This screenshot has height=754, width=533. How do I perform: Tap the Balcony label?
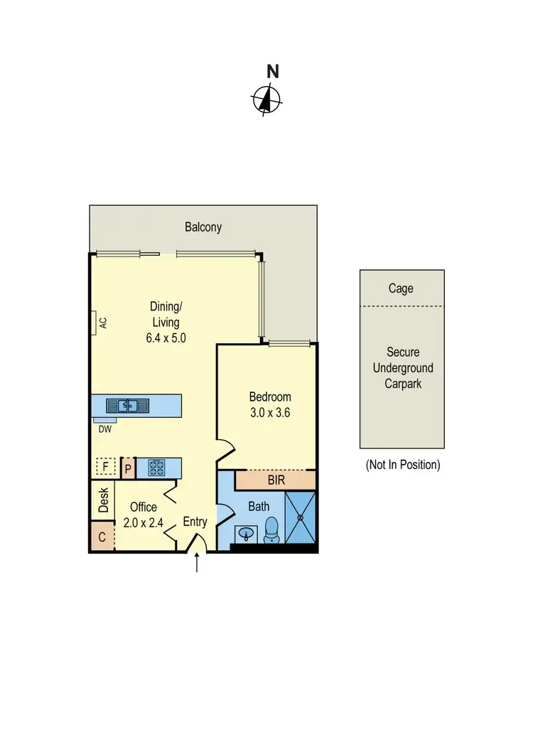pos(203,227)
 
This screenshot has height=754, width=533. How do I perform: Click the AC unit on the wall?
pos(99,322)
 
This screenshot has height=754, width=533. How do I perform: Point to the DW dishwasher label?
pos(104,429)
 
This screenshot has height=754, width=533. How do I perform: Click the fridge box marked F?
pos(105,467)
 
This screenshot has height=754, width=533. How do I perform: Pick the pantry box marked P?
pos(128,468)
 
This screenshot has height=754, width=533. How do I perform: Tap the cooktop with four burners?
pos(156,468)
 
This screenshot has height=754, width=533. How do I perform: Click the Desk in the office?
pos(103,500)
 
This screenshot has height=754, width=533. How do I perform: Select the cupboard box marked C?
pos(102,537)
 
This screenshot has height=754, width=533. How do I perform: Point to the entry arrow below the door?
pos(197,563)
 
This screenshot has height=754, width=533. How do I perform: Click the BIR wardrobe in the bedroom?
pos(276,480)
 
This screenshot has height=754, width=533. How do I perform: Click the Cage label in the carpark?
pos(401,289)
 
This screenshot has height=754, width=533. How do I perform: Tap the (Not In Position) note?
pos(402,465)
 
